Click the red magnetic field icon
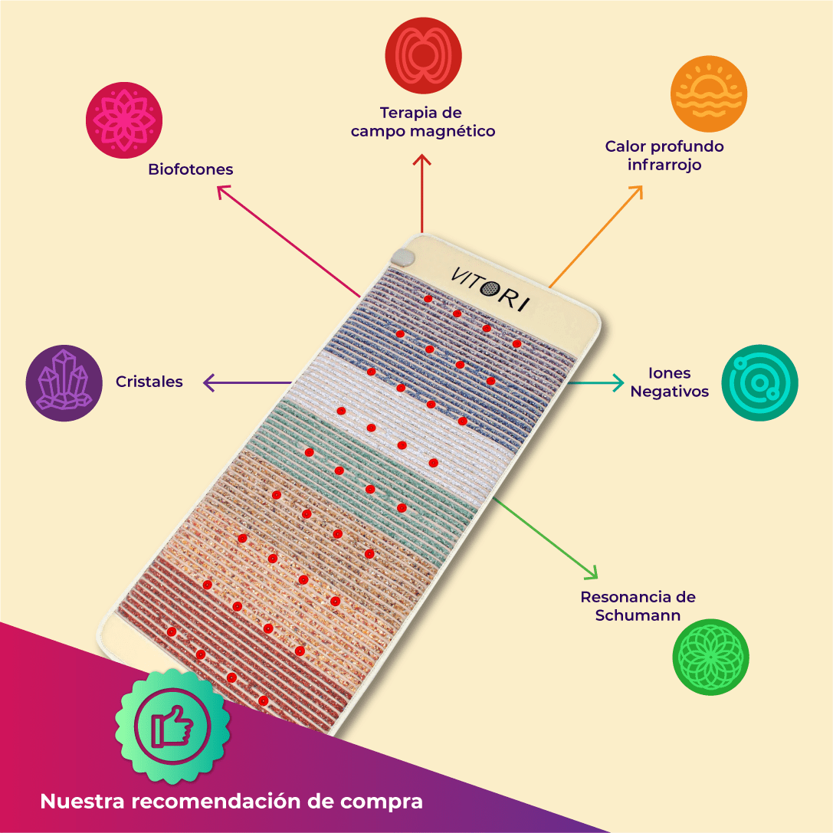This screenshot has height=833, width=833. pos(423,54)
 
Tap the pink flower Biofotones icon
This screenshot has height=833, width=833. pos(123,121)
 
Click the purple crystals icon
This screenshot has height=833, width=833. pos(64,382)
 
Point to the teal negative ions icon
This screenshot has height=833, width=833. pos(759,382)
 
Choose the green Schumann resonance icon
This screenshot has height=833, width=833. pos(710,657)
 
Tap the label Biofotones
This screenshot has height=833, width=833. pos(191,169)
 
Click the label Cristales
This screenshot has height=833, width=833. pos(149,382)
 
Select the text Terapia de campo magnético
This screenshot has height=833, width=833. pos(423,123)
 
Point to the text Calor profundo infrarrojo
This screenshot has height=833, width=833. pos(664,156)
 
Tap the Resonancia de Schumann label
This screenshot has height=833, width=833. pos(638,605)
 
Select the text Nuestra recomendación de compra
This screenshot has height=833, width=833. pos(231,802)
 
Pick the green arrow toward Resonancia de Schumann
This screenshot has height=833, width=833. pos(546,536)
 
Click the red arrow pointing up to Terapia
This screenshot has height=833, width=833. pos(422,192)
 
